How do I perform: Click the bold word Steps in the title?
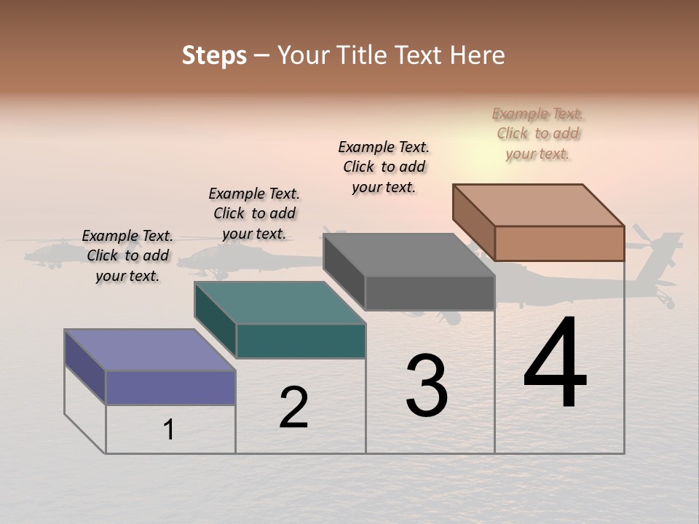point(213,55)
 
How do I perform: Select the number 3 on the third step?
point(427,386)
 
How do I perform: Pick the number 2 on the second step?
point(293,408)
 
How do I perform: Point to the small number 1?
point(169,429)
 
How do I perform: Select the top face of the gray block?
point(408,255)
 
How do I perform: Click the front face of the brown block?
point(559,243)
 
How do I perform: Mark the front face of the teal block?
point(301,341)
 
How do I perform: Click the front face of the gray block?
point(430,293)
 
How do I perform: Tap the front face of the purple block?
point(170,387)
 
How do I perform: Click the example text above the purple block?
point(127,255)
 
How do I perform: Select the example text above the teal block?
point(254,213)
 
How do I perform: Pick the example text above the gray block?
point(384,167)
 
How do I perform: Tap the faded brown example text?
point(537,133)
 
